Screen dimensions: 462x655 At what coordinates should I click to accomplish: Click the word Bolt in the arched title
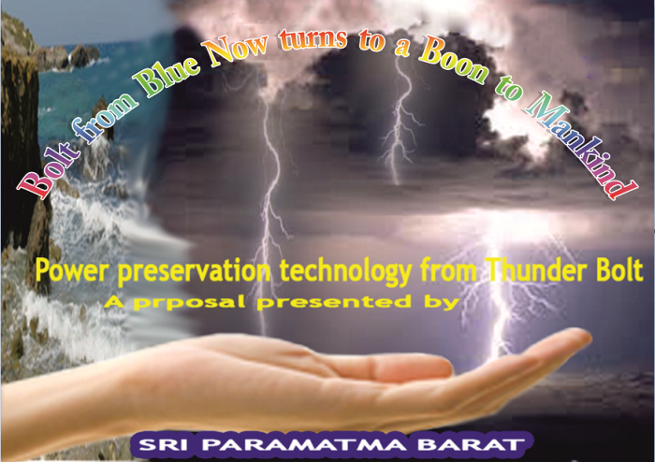point(45,169)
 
